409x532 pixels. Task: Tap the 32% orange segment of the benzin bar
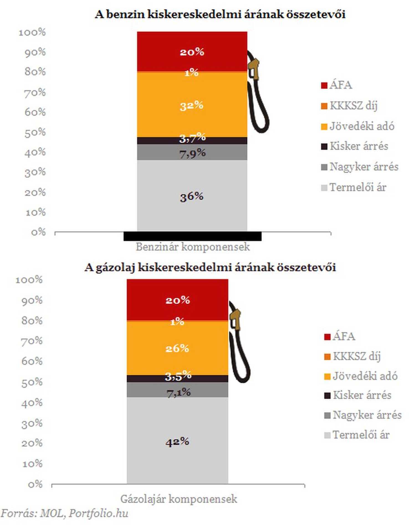[192, 105]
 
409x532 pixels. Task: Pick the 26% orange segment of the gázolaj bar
[177, 348]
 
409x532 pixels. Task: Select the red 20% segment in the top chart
[192, 52]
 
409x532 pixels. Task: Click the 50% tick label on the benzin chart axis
[35, 132]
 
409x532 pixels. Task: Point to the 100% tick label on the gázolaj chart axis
[29, 280]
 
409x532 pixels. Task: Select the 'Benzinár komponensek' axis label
[193, 247]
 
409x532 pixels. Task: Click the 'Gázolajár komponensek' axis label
[179, 499]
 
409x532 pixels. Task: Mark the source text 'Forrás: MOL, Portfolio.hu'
[64, 513]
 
